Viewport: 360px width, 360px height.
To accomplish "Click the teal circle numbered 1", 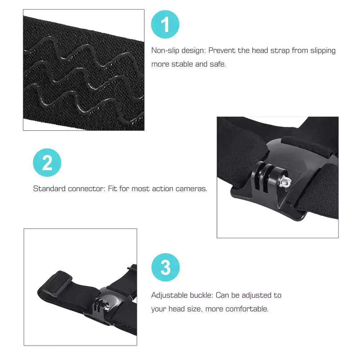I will tap(165, 24).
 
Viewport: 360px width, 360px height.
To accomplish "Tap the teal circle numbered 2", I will tap(47, 163).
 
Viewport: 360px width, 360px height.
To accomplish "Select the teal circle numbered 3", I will tap(165, 267).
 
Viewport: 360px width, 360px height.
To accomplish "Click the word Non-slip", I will tap(164, 50).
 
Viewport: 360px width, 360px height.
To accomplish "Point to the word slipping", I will tap(318, 51).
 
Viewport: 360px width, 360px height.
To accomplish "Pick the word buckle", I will tap(202, 295).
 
